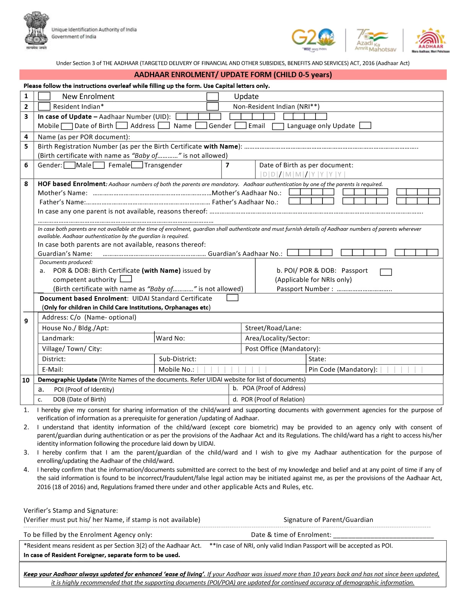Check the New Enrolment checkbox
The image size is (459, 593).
coord(44,96)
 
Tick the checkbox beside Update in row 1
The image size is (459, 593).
coord(212,96)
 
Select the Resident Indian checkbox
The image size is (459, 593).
coord(44,107)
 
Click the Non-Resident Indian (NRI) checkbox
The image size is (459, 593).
coord(212,107)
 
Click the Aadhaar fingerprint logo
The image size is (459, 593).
coord(431,39)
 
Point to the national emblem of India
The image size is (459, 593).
coord(36,31)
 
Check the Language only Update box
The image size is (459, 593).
coord(365,125)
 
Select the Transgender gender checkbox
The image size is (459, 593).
coord(138,165)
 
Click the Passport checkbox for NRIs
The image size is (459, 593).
coord(386,272)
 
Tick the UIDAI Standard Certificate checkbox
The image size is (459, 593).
coord(232,298)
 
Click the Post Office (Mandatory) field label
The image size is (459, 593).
coord(283,348)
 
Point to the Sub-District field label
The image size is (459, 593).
coord(177,359)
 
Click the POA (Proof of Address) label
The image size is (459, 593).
coord(274,388)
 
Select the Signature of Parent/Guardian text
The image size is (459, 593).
coord(328,520)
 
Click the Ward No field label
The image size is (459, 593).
coord(171,338)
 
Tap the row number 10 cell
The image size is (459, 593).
coord(26,380)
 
